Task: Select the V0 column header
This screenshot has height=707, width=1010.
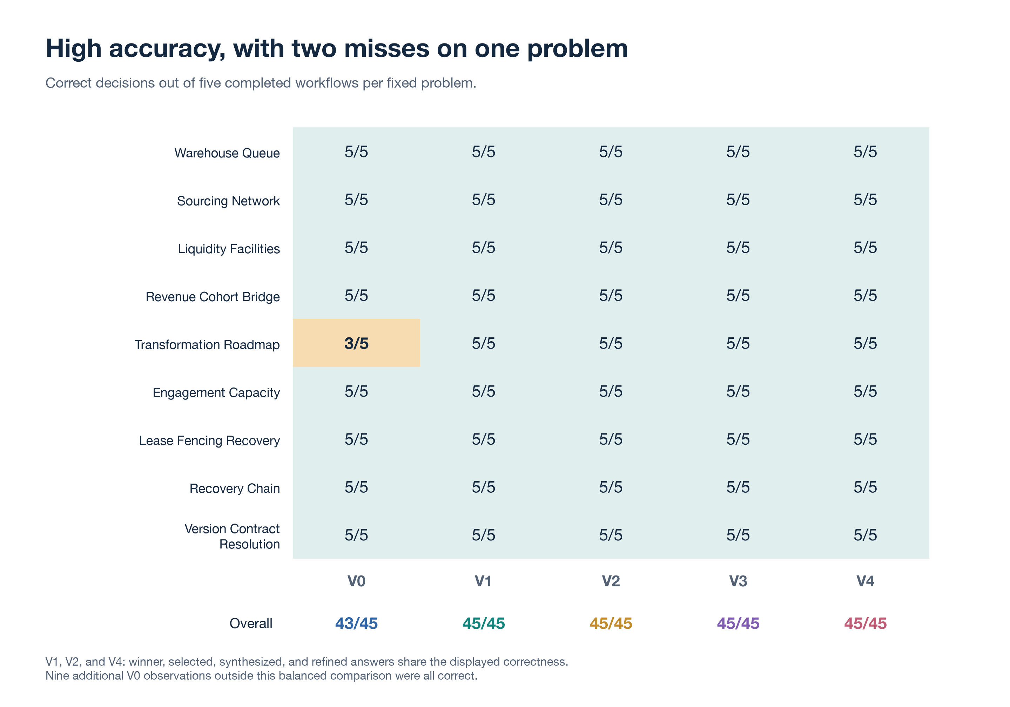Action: coord(356,581)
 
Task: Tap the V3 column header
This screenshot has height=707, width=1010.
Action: coord(738,581)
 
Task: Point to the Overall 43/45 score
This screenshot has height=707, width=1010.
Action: coord(356,624)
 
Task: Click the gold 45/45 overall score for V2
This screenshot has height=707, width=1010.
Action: coord(611,624)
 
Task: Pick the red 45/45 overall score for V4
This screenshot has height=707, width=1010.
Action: coord(865,624)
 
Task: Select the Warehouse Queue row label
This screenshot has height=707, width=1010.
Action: coord(227,153)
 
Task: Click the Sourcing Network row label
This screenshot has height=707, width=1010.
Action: coord(228,201)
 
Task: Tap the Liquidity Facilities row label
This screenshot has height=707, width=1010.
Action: coord(229,249)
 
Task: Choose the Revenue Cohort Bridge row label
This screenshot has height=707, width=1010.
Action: coord(213,297)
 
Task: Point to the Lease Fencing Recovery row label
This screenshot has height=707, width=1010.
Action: coord(209,441)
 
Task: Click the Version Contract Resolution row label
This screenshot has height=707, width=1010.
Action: coord(232,536)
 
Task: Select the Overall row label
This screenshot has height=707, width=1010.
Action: coord(251,624)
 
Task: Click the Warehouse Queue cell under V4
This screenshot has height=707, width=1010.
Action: coord(865,152)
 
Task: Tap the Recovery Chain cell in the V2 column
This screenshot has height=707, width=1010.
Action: coord(611,487)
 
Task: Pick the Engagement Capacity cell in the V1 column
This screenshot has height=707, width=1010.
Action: coord(484,391)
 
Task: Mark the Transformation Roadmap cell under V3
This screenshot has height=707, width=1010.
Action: coord(738,343)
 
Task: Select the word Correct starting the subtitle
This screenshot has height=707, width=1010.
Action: coord(69,83)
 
